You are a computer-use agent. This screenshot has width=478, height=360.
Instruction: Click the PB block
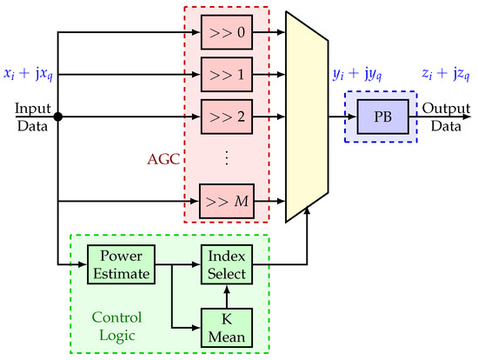coord(381,116)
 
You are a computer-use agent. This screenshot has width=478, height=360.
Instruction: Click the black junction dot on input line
coord(57,116)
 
